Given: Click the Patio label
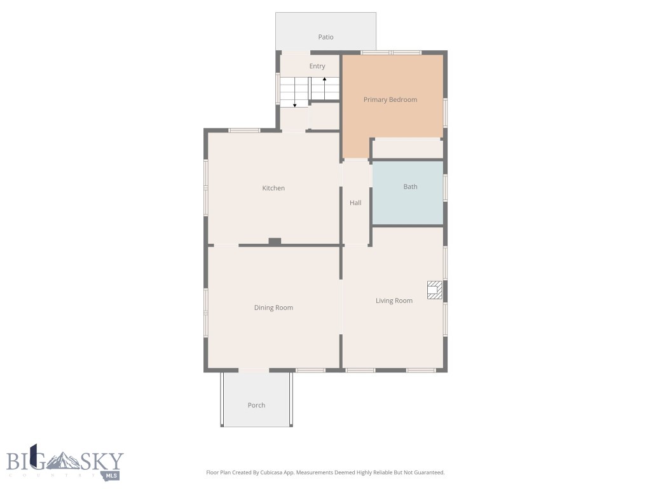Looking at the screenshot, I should [x=325, y=37].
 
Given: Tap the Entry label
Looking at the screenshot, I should [x=317, y=66].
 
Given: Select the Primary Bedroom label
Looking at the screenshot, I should [x=390, y=99].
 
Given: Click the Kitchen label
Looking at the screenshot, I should [x=273, y=188].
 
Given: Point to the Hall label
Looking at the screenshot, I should [x=355, y=202].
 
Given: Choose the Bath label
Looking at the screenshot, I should [x=410, y=187].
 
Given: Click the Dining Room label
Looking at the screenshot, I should [x=273, y=308].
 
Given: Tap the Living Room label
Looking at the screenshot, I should [x=394, y=301].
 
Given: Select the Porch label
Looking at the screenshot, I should [x=256, y=405].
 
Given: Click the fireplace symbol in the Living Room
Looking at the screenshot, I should [x=434, y=290].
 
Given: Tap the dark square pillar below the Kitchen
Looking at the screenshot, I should [x=275, y=241].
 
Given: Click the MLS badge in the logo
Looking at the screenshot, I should [x=113, y=475].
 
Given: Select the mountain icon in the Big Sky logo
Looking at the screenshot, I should [x=65, y=460].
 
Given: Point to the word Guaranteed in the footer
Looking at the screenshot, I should [x=427, y=472].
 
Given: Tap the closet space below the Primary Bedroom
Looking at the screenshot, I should [x=407, y=148].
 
